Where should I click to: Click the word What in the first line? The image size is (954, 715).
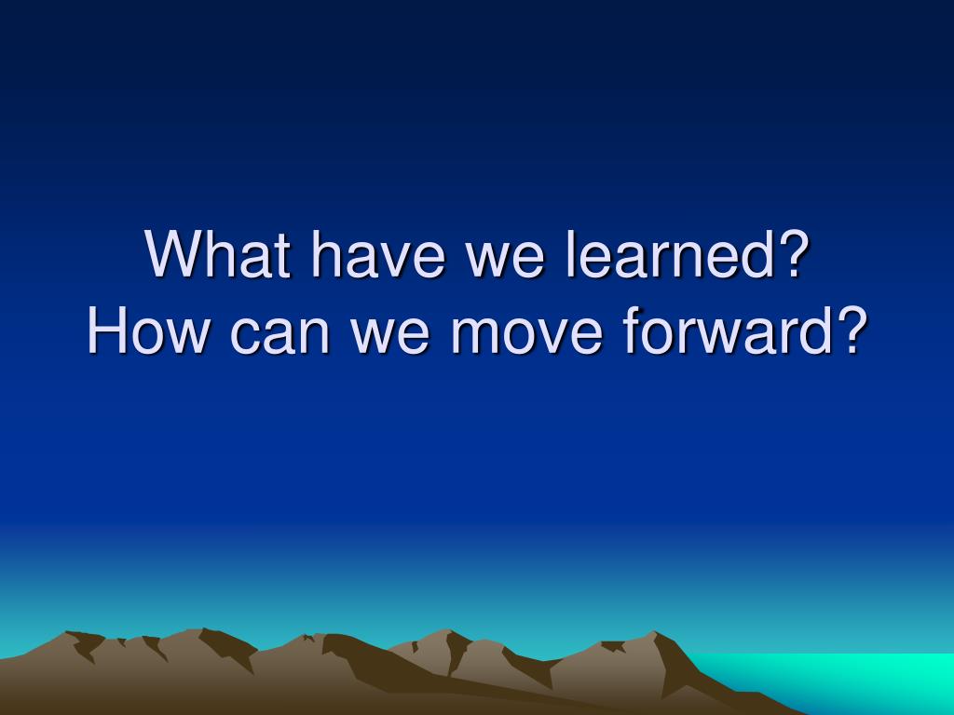point(217,254)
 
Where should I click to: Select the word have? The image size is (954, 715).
point(378,254)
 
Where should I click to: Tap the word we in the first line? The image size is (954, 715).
point(505,261)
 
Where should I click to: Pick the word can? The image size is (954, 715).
point(279,336)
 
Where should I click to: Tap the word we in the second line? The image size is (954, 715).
point(390,336)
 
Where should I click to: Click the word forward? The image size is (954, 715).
point(728,331)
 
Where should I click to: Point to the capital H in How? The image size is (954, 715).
point(107,331)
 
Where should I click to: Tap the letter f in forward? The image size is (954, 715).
point(633,331)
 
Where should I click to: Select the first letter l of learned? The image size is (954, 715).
point(570,254)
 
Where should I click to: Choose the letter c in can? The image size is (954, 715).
point(244,336)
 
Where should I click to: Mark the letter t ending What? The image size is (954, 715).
point(281,256)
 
